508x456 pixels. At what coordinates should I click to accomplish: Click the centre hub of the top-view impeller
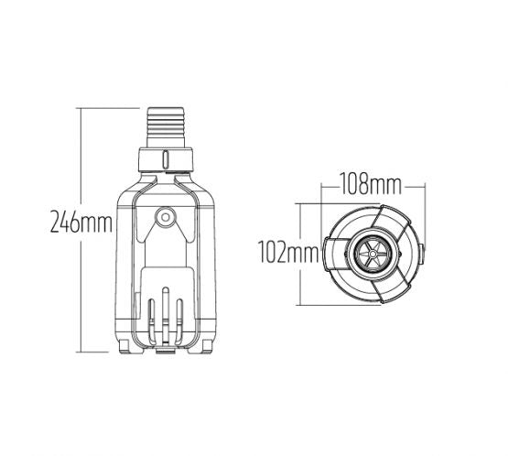[x=372, y=253]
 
